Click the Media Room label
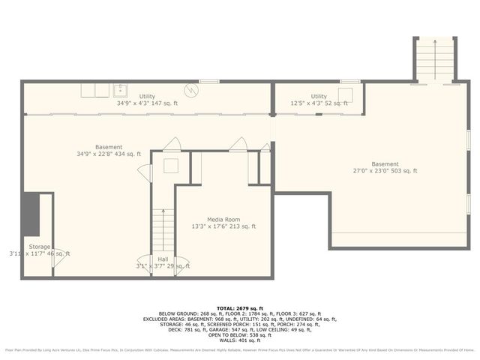pos(223,218)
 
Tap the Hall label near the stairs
pos(163,259)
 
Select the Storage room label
pos(39,246)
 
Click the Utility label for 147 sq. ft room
pos(146,97)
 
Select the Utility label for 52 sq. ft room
pos(319,97)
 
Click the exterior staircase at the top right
pos(434,58)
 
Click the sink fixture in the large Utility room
pos(120,91)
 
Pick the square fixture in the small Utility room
pos(346,94)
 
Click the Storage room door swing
pos(57,259)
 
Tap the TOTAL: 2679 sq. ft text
pos(239,307)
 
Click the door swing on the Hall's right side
pos(181,266)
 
